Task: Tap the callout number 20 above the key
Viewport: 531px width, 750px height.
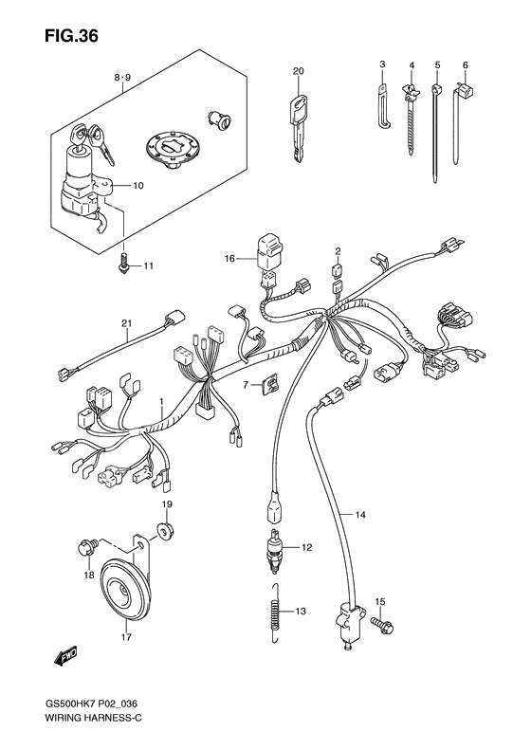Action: [x=298, y=72]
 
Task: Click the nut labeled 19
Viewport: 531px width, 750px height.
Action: [x=163, y=528]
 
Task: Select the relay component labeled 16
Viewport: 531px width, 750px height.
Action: [x=268, y=250]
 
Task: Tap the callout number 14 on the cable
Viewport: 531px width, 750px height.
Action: [x=360, y=514]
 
